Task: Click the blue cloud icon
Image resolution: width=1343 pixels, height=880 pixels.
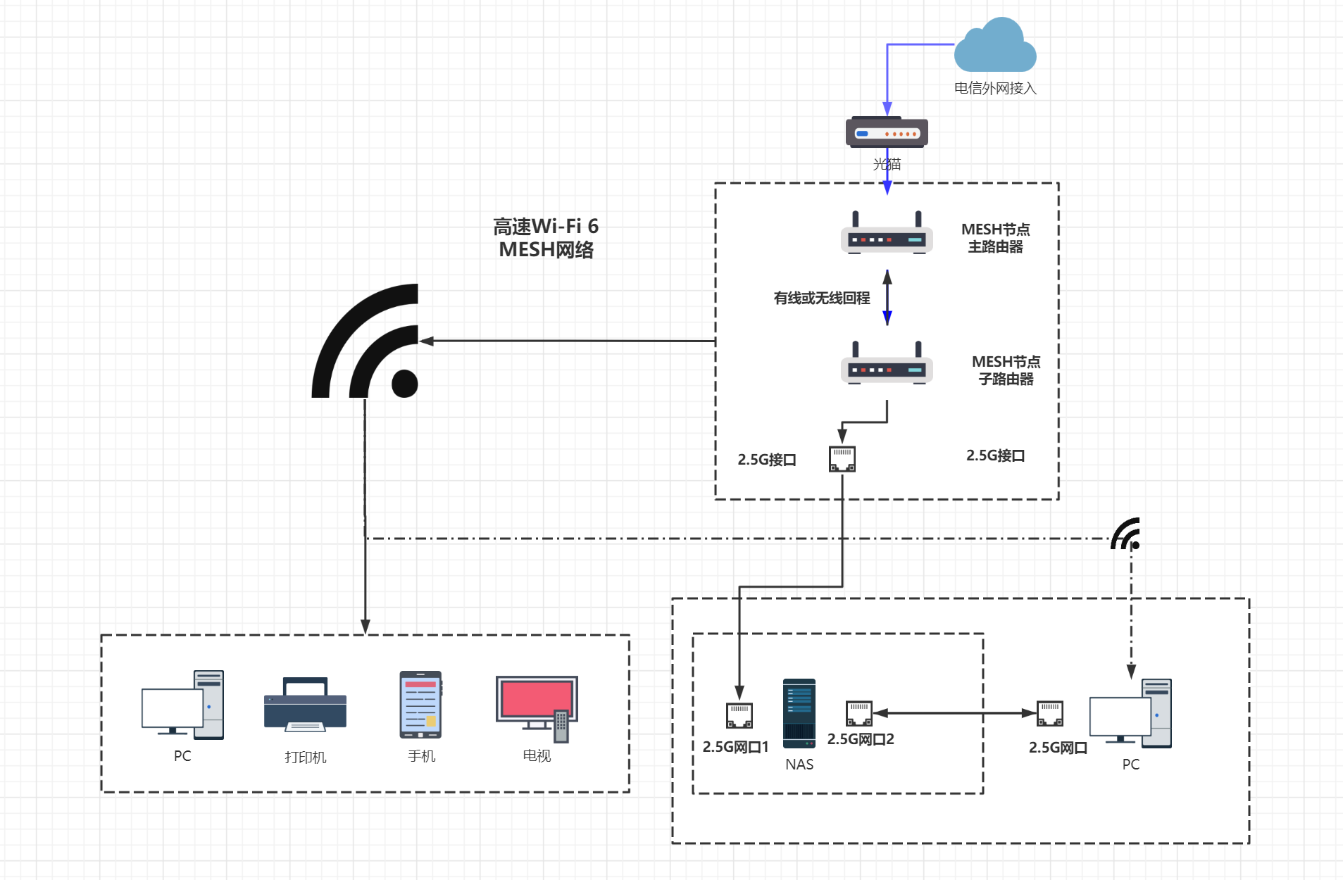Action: coord(995,46)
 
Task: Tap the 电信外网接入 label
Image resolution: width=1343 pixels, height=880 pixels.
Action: coord(995,89)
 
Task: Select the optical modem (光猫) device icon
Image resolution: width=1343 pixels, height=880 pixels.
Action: coord(887,132)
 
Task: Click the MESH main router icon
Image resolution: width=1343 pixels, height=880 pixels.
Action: coord(887,234)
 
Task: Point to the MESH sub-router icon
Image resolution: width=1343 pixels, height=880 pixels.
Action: coord(887,365)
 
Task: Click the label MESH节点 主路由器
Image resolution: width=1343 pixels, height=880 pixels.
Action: coord(995,238)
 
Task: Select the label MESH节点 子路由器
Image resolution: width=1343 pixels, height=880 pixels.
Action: coord(1006,370)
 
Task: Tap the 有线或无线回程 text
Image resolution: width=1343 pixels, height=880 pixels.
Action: coord(822,298)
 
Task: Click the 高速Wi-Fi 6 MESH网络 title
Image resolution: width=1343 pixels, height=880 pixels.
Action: coord(546,238)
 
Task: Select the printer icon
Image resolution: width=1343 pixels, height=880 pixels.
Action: coord(305,705)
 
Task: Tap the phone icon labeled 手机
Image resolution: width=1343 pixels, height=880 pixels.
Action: coord(420,705)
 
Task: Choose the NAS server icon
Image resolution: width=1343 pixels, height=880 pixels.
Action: coord(799,713)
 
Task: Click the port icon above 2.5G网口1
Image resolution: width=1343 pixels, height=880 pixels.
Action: coord(739,715)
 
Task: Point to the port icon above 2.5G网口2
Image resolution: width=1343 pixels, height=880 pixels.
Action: coord(859,713)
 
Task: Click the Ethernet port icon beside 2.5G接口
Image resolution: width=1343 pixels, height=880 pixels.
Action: coord(842,458)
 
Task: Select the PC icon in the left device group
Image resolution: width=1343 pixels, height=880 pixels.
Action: coord(182,705)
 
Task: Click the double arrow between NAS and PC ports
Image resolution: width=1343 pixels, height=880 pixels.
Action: coord(954,713)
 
